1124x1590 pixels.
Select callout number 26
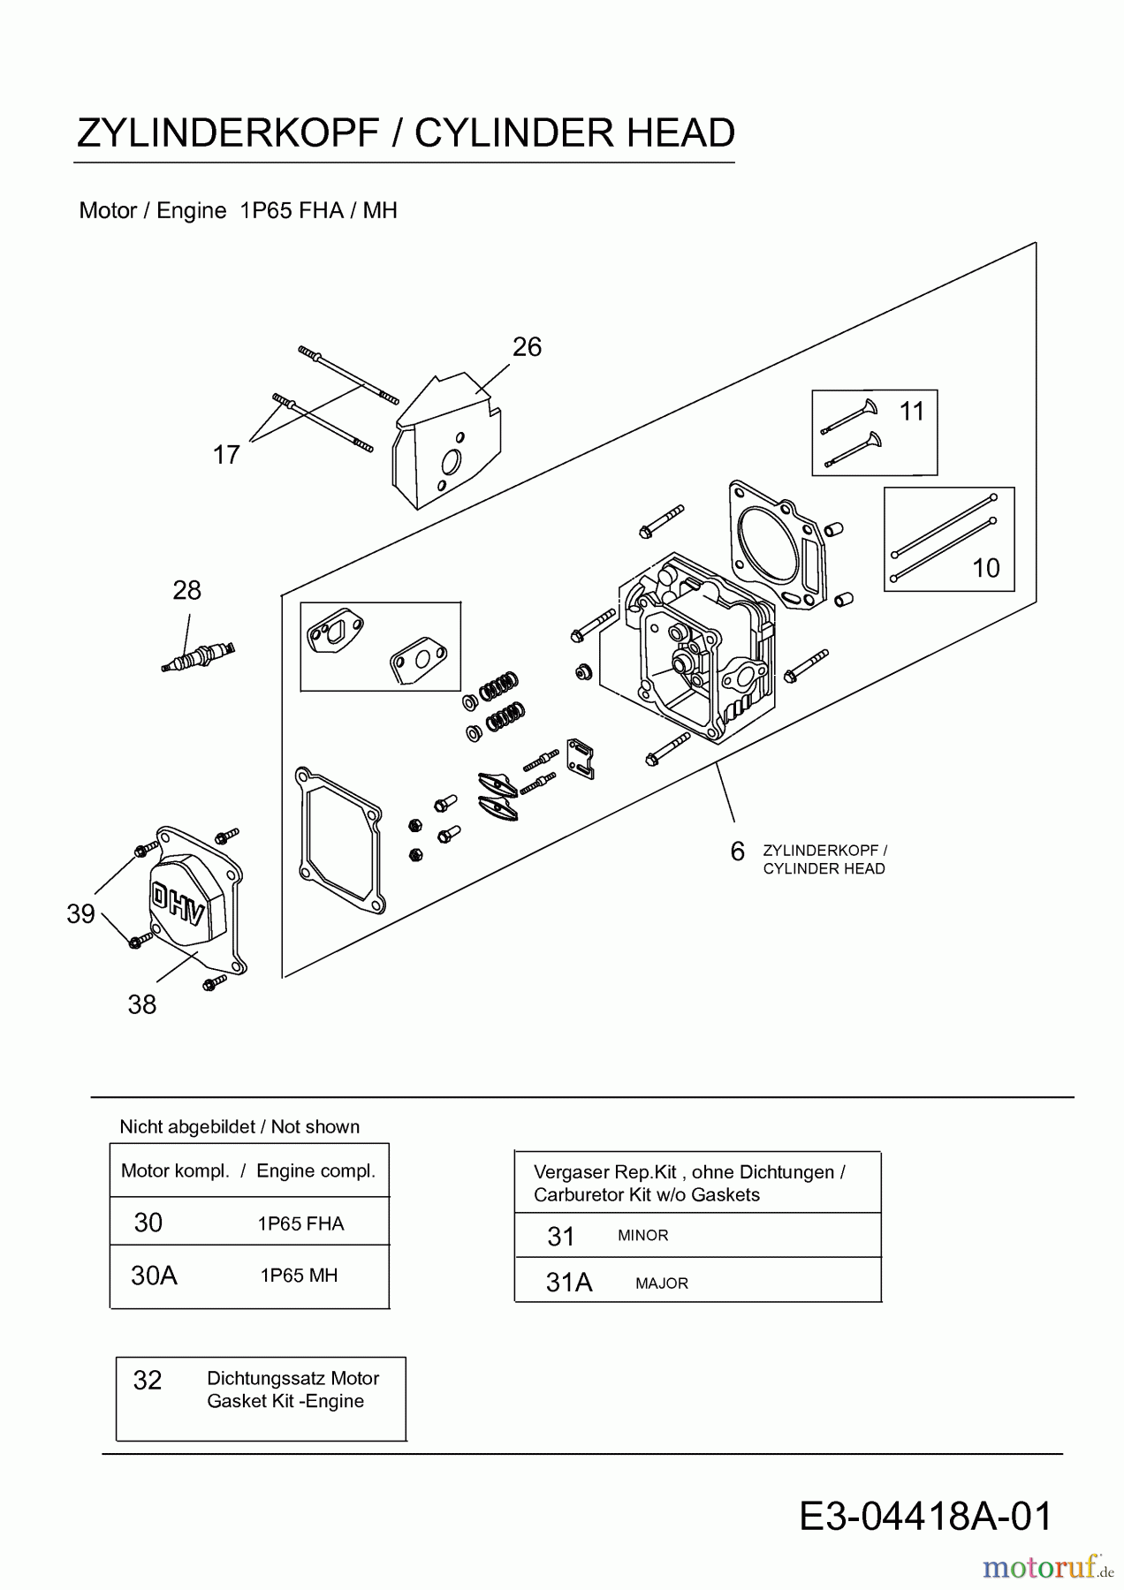[527, 347]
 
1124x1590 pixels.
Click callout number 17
[226, 455]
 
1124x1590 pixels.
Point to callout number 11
[911, 412]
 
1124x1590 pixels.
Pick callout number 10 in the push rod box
[985, 568]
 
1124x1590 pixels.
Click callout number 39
[80, 914]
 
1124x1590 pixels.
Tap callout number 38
[141, 1004]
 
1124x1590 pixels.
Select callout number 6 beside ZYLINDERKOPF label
[737, 852]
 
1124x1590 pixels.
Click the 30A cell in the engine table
[154, 1276]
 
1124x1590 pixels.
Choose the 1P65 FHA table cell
[300, 1223]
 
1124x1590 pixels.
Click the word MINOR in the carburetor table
[642, 1236]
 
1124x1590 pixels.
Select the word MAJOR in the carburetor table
[661, 1283]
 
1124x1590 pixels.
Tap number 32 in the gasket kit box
[148, 1381]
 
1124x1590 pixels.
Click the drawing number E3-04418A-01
[925, 1517]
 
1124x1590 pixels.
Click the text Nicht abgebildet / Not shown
[239, 1127]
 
